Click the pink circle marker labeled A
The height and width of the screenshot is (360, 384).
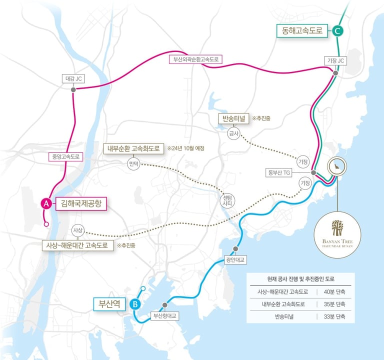click(x=45, y=203)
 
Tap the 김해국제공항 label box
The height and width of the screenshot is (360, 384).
click(x=81, y=203)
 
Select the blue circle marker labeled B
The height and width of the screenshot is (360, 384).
click(x=134, y=304)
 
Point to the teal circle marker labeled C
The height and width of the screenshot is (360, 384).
click(x=338, y=31)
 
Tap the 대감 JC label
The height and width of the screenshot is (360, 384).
click(x=74, y=78)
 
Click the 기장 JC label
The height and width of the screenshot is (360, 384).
click(x=335, y=60)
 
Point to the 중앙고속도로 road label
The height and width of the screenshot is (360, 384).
click(x=64, y=156)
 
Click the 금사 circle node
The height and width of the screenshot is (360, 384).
click(x=233, y=133)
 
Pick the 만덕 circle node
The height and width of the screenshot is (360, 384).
click(x=134, y=163)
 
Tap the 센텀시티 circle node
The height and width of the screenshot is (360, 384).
click(x=227, y=200)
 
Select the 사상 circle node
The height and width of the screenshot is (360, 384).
click(x=77, y=230)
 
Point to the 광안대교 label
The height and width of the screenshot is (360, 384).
click(x=235, y=260)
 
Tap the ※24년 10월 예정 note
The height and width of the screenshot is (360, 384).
click(x=186, y=148)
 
